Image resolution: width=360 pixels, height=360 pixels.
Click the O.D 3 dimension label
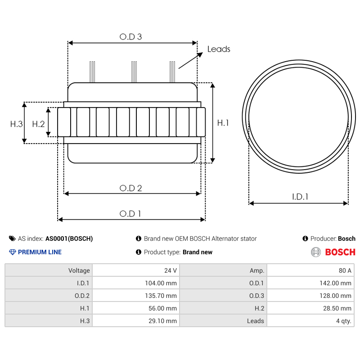(130, 37)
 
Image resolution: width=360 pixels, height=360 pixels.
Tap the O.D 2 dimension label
(130, 188)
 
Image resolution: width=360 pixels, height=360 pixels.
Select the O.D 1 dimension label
(130, 214)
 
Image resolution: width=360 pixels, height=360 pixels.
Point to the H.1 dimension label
(223, 123)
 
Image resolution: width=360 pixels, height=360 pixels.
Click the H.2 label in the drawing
(38, 124)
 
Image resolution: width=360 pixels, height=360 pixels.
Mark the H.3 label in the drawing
(16, 124)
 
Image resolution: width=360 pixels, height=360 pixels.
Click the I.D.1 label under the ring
(300, 197)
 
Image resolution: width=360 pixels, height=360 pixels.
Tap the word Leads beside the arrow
(219, 49)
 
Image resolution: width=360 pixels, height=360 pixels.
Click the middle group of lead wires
(134, 72)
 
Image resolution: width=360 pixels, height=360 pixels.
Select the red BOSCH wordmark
(340, 252)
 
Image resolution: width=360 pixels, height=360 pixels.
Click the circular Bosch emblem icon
(316, 252)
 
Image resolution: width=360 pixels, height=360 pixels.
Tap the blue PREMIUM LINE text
(40, 252)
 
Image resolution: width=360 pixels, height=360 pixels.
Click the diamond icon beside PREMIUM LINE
(12, 252)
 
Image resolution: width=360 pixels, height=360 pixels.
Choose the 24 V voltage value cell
(135, 270)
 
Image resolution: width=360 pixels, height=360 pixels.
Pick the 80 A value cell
(310, 270)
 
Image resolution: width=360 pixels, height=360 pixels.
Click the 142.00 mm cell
(310, 283)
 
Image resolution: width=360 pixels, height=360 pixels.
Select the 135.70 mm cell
(135, 296)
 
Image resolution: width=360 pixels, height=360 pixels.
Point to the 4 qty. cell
(310, 321)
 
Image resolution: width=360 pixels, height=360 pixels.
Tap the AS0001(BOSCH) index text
(69, 238)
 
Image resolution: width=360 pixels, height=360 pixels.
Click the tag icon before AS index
(12, 238)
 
